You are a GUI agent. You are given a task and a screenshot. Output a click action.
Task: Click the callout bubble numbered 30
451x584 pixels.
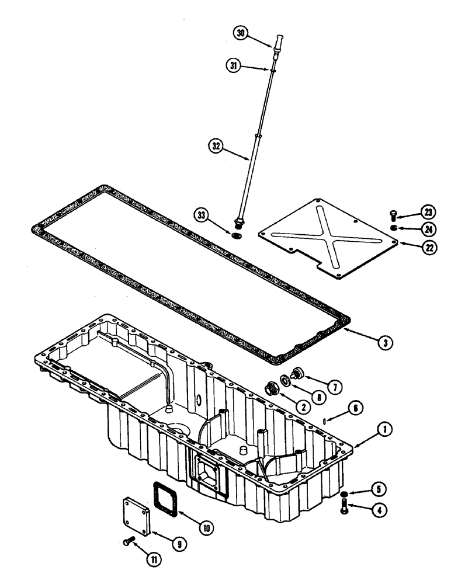240,33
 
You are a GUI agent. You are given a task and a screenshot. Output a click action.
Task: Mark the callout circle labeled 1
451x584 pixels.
383,429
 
